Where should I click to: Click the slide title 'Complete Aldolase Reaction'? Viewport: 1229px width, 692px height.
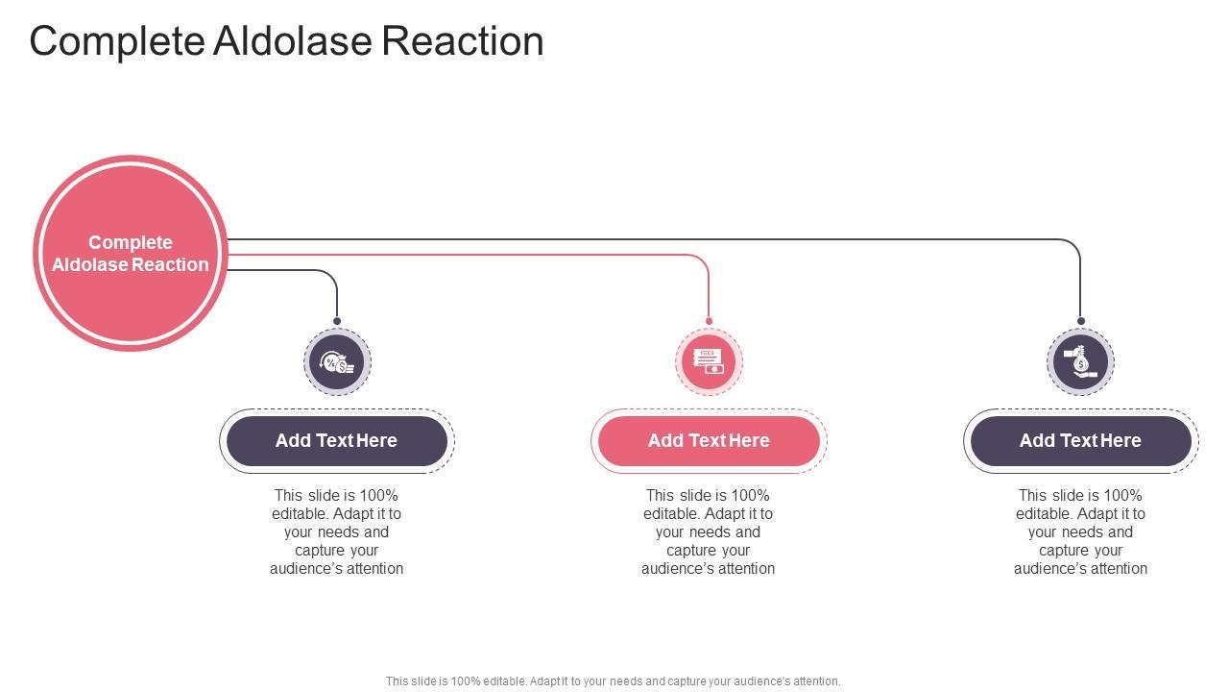point(286,41)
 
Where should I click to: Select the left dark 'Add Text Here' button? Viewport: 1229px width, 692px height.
point(336,441)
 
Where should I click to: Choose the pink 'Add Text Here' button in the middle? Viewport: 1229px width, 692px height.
point(709,441)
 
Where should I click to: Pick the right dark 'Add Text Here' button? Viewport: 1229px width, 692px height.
point(1080,441)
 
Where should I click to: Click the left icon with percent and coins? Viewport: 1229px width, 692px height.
point(337,362)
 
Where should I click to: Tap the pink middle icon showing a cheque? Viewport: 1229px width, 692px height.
point(709,362)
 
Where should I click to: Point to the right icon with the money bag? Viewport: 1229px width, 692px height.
point(1080,362)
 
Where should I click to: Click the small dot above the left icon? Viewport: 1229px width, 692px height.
point(337,321)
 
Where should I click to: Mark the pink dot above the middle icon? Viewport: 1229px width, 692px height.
point(709,321)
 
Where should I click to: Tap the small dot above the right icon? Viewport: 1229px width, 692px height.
point(1080,321)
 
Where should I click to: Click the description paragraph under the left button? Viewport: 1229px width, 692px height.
point(336,531)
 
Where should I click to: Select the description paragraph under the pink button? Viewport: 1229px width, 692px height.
point(709,531)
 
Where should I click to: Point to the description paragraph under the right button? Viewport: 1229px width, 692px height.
point(1080,531)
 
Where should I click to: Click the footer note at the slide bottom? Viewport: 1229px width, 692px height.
point(613,681)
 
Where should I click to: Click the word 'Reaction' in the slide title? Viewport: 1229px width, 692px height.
point(463,41)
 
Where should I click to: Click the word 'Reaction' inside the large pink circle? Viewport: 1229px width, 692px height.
point(170,265)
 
